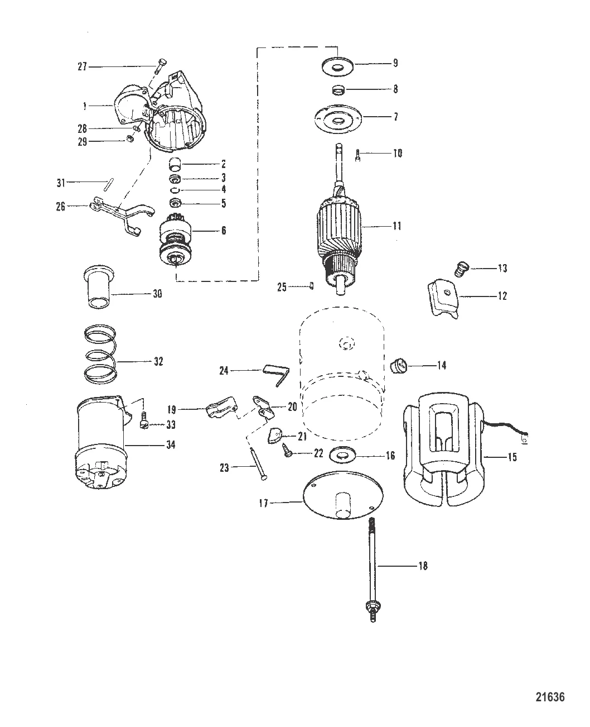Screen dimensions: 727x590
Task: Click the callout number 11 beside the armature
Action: (397, 227)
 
